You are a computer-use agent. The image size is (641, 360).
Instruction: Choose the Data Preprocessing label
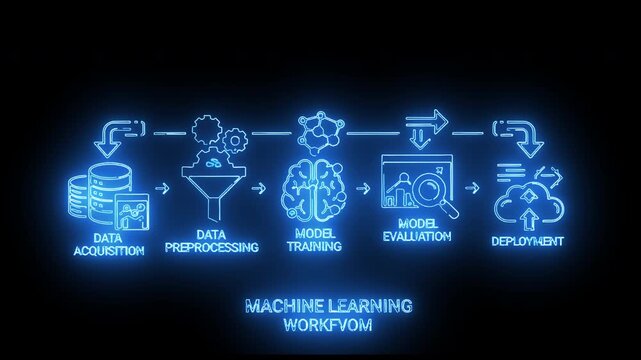pyautogui.click(x=214, y=240)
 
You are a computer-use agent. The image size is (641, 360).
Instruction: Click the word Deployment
pyautogui.click(x=527, y=241)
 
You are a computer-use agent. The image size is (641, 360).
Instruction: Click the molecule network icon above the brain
pyautogui.click(x=320, y=131)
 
